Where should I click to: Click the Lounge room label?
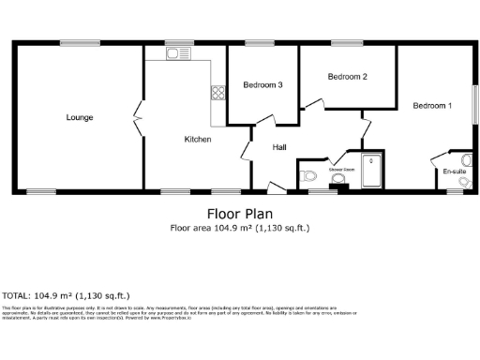coord(79,117)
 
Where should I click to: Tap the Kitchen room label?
coord(197,139)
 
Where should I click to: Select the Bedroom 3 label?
coord(262,85)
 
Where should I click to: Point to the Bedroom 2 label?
coord(346,77)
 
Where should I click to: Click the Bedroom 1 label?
coord(432,106)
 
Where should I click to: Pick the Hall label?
coord(279,147)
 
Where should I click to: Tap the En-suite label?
coord(454,172)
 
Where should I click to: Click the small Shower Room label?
coord(341,169)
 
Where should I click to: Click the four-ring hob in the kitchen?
coord(217,93)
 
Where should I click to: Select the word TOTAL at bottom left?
coord(18,293)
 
